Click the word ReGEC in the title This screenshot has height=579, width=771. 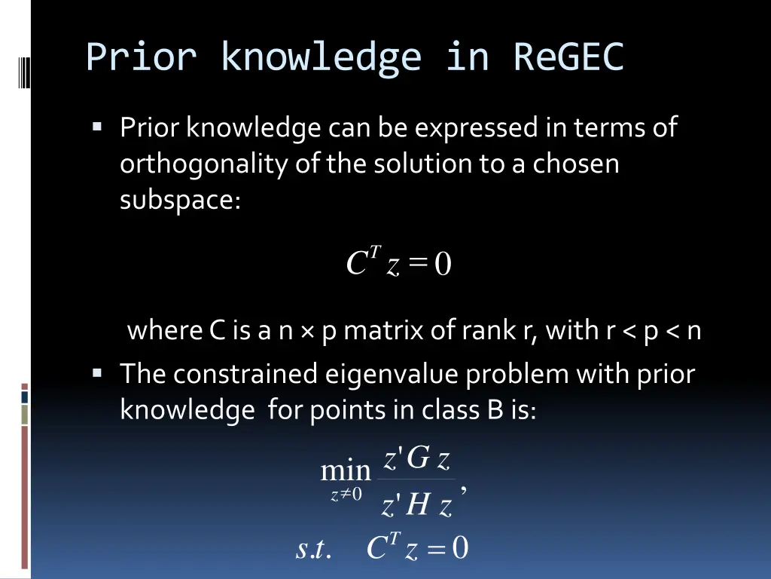[x=568, y=57]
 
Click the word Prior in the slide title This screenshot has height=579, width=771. [x=141, y=57]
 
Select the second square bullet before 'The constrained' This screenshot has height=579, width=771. [x=97, y=372]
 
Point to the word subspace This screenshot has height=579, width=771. [x=179, y=200]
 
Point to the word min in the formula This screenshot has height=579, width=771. [x=346, y=471]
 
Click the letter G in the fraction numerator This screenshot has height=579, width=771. [x=418, y=457]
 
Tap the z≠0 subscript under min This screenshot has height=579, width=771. [x=346, y=495]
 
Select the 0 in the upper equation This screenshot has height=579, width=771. [x=443, y=265]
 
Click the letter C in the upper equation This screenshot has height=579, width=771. [x=355, y=265]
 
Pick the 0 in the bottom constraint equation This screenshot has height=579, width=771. [x=460, y=549]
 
